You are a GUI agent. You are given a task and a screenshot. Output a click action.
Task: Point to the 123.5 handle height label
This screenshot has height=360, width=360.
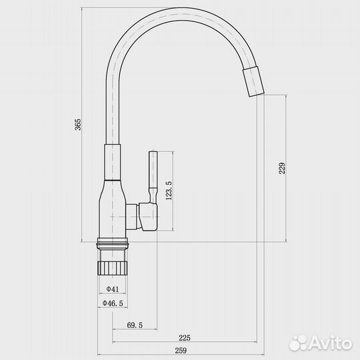point(169,191)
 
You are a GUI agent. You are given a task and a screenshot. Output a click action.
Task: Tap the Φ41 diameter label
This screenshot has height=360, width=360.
point(113,289)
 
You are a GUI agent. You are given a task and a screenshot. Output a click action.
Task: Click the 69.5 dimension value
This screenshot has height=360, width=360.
point(135,325)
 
